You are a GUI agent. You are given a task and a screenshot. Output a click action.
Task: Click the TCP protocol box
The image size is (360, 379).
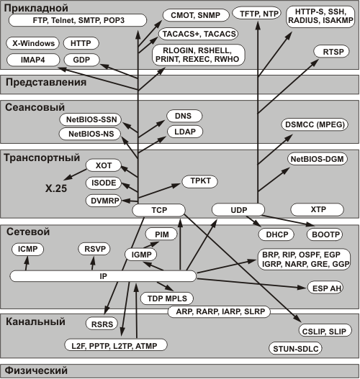[x=158, y=210]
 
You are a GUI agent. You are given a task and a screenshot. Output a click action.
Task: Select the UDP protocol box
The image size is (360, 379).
[x=238, y=209]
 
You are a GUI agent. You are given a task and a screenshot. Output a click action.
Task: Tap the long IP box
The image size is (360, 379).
[x=103, y=276]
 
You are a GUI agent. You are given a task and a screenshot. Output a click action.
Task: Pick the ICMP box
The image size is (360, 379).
[x=27, y=249]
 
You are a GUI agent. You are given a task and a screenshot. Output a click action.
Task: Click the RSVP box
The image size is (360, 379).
[x=94, y=249]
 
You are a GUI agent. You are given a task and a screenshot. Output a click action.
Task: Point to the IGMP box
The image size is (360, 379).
[x=141, y=255]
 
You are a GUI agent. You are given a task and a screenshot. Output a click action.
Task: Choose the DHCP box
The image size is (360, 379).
[x=276, y=234]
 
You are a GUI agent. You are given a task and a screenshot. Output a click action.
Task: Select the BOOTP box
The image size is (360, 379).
[x=325, y=234]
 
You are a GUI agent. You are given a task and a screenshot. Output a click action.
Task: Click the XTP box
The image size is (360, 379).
[x=318, y=209]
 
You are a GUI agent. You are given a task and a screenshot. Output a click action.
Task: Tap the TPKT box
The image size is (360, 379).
[x=200, y=181]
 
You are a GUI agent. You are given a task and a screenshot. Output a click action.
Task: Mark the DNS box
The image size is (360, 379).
[x=184, y=116]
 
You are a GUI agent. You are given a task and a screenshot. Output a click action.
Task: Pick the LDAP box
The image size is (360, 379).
[x=185, y=132]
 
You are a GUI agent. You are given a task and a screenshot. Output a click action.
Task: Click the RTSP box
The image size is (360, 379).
[x=332, y=52]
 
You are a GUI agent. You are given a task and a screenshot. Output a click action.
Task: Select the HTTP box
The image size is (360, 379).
[x=81, y=43]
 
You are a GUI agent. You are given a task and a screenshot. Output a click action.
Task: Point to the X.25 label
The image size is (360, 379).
[x=56, y=188]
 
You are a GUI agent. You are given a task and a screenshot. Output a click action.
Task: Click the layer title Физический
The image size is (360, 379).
[x=36, y=370]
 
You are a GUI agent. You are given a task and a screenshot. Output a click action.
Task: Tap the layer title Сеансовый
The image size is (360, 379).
[x=35, y=107]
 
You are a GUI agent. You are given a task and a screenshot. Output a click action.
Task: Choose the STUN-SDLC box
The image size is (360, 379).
[x=295, y=349]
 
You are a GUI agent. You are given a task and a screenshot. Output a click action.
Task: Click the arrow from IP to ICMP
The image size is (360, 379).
[x=27, y=263]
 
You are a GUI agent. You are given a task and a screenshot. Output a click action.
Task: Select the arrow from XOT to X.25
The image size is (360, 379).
[x=75, y=175]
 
